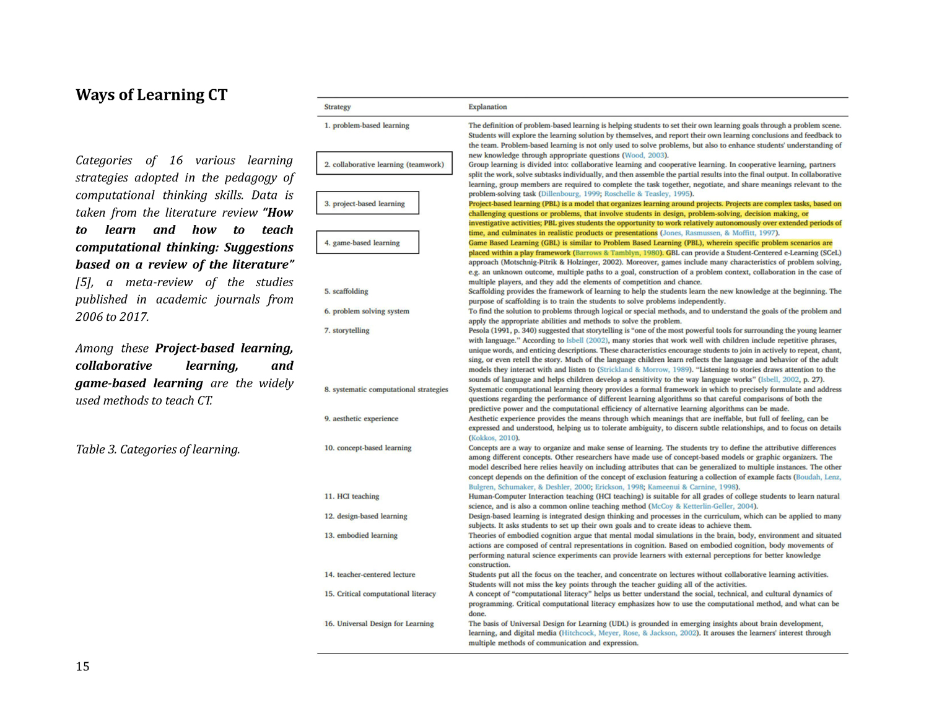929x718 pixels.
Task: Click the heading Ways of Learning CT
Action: pos(151,95)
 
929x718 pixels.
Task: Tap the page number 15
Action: pos(82,667)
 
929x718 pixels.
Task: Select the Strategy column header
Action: pos(338,107)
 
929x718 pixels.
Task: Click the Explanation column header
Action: pos(487,107)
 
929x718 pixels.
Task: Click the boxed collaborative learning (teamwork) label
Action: pos(384,164)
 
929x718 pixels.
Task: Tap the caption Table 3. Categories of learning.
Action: pos(157,449)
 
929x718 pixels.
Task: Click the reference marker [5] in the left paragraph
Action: pos(84,282)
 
